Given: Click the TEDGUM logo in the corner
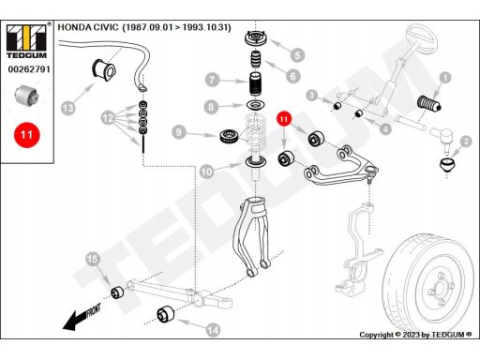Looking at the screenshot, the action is pyautogui.click(x=26, y=41).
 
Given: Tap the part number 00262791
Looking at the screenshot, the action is pyautogui.click(x=29, y=69).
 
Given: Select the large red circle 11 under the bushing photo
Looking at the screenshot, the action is pyautogui.click(x=27, y=135).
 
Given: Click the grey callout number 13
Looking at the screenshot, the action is pyautogui.click(x=67, y=108).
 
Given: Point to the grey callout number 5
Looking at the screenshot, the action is pyautogui.click(x=297, y=55).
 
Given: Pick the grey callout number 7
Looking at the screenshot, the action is pyautogui.click(x=212, y=80).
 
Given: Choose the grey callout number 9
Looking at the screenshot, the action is pyautogui.click(x=179, y=132).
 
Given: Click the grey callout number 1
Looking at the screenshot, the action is pyautogui.click(x=445, y=78).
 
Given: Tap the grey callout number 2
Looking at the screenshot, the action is pyautogui.click(x=466, y=142).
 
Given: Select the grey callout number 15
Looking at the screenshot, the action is pyautogui.click(x=93, y=259).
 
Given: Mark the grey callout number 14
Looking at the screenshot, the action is pyautogui.click(x=214, y=330).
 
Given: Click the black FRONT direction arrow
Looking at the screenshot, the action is pyautogui.click(x=82, y=318).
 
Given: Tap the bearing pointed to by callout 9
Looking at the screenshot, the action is pyautogui.click(x=230, y=136).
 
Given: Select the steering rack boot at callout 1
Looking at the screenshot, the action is pyautogui.click(x=429, y=103).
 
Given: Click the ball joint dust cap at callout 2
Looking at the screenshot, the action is pyautogui.click(x=447, y=165).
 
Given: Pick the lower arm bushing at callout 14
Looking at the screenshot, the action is pyautogui.click(x=166, y=314).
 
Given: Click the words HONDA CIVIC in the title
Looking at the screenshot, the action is pyautogui.click(x=88, y=27).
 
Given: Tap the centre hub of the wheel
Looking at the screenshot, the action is pyautogui.click(x=441, y=290).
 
